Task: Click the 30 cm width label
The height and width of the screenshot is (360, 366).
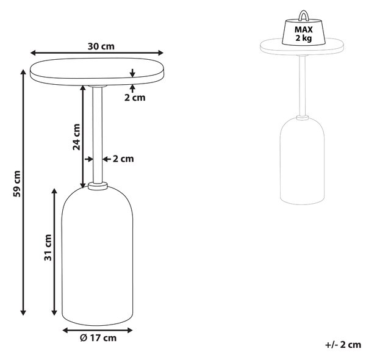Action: (101, 46)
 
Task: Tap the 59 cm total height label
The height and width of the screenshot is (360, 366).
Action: (17, 184)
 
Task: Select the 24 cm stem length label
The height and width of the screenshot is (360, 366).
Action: (76, 137)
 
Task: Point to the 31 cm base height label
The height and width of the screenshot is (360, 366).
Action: (48, 248)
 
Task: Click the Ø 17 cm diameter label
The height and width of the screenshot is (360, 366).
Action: (98, 338)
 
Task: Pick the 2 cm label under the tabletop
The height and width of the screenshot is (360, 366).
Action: (135, 98)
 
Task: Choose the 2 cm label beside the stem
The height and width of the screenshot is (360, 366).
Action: (123, 159)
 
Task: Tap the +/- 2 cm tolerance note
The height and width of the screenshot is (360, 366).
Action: (343, 345)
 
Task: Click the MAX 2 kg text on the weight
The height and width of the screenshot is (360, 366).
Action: (303, 34)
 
